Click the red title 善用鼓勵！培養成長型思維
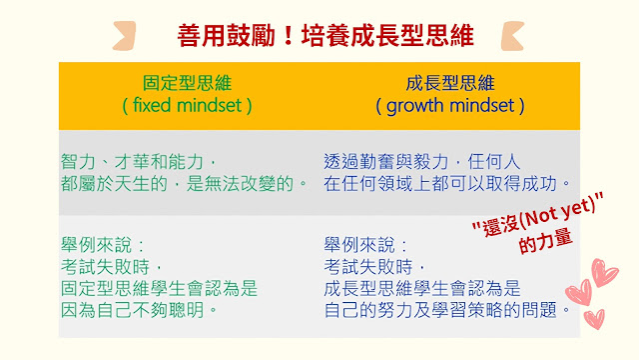[x=325, y=36]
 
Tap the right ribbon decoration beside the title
[x=512, y=36]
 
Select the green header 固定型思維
[x=187, y=83]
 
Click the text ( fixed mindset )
[x=187, y=106]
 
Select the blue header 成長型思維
[x=450, y=83]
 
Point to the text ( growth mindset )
[x=450, y=106]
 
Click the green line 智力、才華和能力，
[x=139, y=162]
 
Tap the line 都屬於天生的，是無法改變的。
[x=184, y=184]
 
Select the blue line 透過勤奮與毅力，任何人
[x=422, y=162]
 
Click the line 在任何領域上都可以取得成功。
[x=447, y=184]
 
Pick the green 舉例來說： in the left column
[x=103, y=245]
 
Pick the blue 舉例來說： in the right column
[x=366, y=245]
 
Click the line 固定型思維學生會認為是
[x=160, y=289]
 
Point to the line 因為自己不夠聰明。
[x=139, y=310]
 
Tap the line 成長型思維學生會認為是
[x=422, y=289]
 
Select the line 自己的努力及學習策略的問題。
[x=447, y=310]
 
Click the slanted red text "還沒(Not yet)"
[x=538, y=215]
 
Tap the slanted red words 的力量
[x=545, y=241]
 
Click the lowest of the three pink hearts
[x=594, y=319]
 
